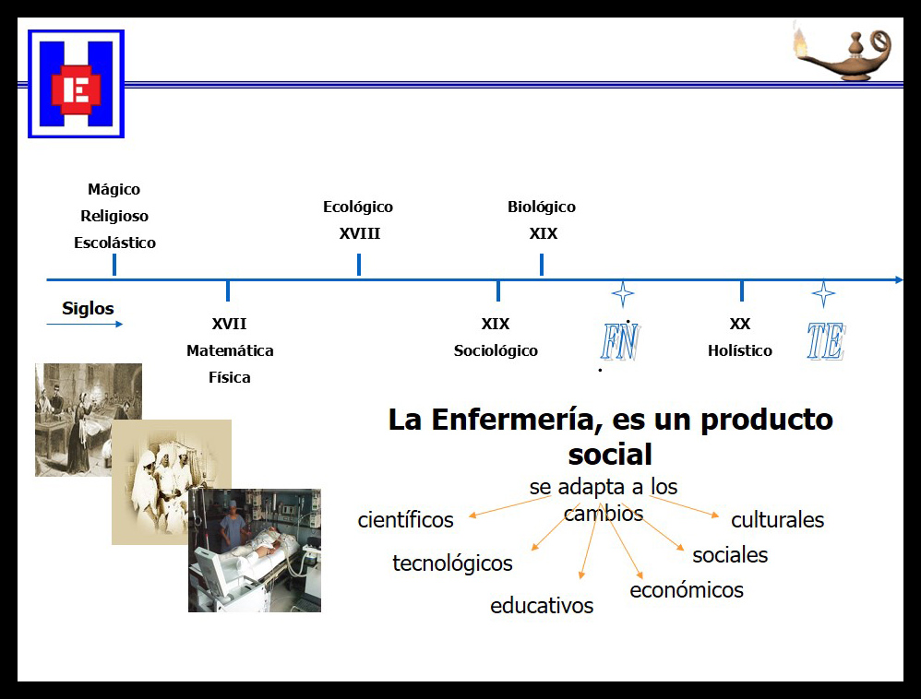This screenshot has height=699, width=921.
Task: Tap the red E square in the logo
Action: [76, 89]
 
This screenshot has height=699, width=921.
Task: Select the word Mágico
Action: [114, 189]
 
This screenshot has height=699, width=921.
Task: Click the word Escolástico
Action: [114, 243]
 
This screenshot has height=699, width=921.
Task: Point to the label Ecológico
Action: [358, 207]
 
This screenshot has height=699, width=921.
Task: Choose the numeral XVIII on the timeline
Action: [359, 233]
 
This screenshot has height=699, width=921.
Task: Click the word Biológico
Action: [542, 207]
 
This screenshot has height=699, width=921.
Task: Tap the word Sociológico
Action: [496, 350]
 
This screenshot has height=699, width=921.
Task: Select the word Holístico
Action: [740, 350]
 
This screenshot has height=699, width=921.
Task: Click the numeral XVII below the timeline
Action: [229, 324]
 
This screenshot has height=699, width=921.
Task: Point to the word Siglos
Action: [88, 308]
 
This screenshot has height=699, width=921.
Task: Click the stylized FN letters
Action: [620, 342]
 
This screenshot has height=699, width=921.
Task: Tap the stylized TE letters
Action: [825, 342]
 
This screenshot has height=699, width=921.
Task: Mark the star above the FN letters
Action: [623, 294]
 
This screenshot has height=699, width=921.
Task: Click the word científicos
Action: [406, 520]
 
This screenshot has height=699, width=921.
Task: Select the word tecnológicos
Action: [452, 563]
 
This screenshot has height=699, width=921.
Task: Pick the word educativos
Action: [542, 606]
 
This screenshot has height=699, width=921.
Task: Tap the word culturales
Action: [777, 520]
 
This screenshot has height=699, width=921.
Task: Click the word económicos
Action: [687, 590]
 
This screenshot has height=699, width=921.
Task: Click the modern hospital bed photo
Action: [255, 551]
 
